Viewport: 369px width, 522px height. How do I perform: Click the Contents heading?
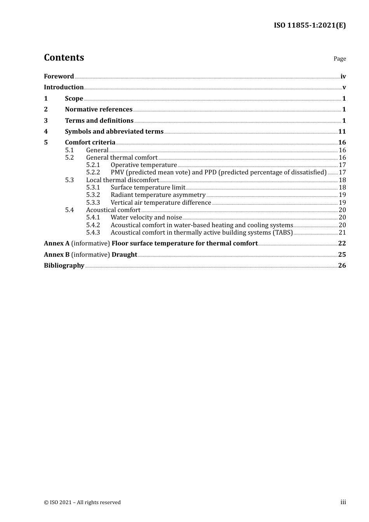pos(64,57)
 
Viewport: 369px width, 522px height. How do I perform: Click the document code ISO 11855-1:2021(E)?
pos(310,25)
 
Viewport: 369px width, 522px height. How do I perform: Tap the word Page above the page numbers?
pos(339,59)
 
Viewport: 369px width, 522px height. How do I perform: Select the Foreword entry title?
pos(59,76)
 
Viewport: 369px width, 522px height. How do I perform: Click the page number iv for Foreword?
pos(343,77)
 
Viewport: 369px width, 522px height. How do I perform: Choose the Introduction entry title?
pos(64,87)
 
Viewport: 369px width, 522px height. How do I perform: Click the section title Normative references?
pos(99,110)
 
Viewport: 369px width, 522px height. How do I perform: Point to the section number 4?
pos(46,132)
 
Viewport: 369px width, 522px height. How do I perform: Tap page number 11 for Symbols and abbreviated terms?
pos(342,132)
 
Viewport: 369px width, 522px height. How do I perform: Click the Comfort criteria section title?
pos(90,143)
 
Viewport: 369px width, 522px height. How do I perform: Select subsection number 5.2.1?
pos(93,165)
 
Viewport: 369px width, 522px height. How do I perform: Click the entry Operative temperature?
pos(144,165)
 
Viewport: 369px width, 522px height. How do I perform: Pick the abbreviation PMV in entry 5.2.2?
pos(117,172)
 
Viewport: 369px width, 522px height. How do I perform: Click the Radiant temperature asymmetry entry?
pos(158,195)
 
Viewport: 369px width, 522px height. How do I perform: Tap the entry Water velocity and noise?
pos(146,217)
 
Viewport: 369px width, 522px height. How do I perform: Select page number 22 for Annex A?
pos(342,244)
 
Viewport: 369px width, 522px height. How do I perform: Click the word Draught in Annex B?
pos(124,255)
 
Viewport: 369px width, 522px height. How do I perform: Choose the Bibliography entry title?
pos(64,266)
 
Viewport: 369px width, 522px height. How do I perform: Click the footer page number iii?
pos(343,502)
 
